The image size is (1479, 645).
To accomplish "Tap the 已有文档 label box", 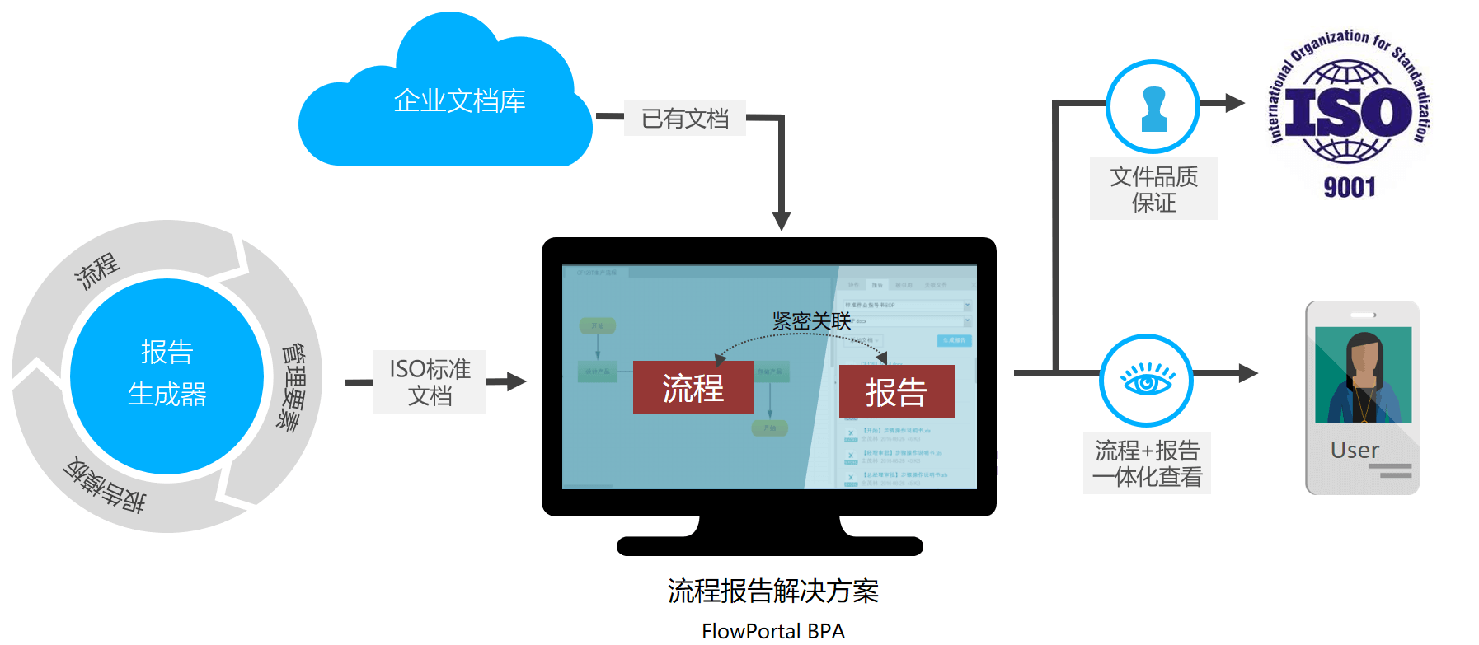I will tap(684, 119).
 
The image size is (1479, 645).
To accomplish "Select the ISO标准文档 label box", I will tap(430, 381).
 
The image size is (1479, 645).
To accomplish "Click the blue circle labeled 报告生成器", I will tap(167, 376).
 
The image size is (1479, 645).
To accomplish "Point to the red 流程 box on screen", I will tap(693, 388).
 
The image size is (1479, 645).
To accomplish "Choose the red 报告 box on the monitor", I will tap(896, 392).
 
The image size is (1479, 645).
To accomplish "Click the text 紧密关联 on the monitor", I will tap(811, 321).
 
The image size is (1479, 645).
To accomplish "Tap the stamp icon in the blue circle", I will tap(1153, 107).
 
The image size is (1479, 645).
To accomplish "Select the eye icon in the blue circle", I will tap(1147, 381).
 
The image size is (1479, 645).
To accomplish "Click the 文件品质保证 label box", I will tap(1153, 189).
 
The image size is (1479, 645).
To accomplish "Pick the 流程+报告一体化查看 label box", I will tap(1147, 463).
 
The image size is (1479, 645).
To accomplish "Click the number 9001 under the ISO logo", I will tap(1350, 188).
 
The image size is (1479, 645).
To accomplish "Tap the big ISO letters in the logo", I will tap(1349, 112).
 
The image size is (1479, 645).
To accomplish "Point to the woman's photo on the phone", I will tap(1363, 375).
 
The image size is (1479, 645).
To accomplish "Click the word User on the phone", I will tap(1355, 450).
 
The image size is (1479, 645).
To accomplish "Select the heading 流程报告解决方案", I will tap(773, 591).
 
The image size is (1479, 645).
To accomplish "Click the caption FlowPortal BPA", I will tap(773, 631).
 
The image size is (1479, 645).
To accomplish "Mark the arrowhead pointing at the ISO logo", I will tap(1235, 103).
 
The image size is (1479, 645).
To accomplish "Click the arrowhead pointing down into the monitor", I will tap(782, 221).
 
